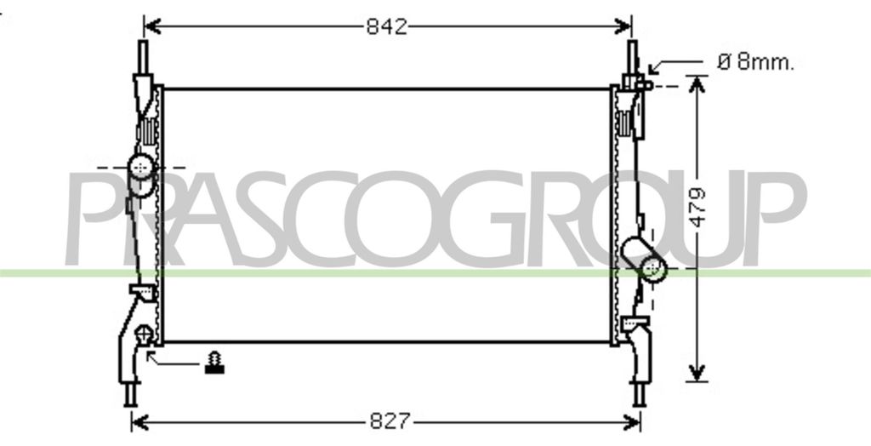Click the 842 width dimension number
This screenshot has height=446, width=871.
pyautogui.click(x=387, y=26)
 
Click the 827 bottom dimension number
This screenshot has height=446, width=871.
pyautogui.click(x=390, y=421)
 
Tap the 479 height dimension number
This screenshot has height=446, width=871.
pyautogui.click(x=697, y=207)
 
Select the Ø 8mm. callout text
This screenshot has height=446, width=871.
pyautogui.click(x=755, y=62)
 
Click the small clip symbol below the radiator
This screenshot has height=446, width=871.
pyautogui.click(x=214, y=363)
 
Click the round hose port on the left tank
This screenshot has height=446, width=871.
pyautogui.click(x=141, y=167)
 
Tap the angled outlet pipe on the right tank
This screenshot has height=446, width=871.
pyautogui.click(x=645, y=259)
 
